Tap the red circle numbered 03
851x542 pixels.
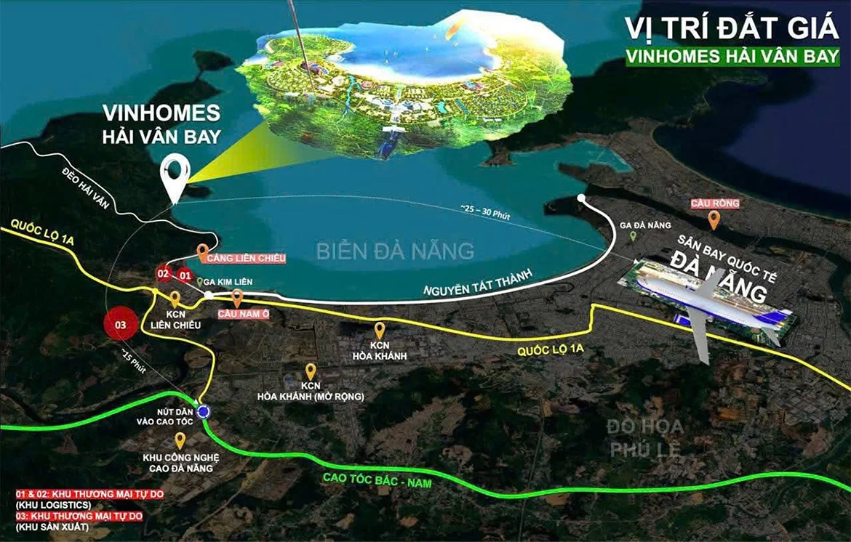[x=121, y=325]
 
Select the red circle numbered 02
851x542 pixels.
[x=164, y=274]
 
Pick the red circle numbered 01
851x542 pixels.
[x=185, y=275]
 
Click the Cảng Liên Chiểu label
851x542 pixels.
[x=245, y=258]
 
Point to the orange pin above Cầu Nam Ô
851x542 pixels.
[x=237, y=298]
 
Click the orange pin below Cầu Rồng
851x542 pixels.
[x=714, y=219]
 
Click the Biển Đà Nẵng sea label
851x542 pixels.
[x=395, y=251]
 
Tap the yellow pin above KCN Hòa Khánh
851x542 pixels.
[x=380, y=331]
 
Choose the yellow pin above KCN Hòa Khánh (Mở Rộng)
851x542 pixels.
[x=311, y=371]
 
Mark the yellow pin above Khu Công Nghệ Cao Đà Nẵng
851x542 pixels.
[x=180, y=441]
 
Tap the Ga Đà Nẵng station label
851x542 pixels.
[x=650, y=225]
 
